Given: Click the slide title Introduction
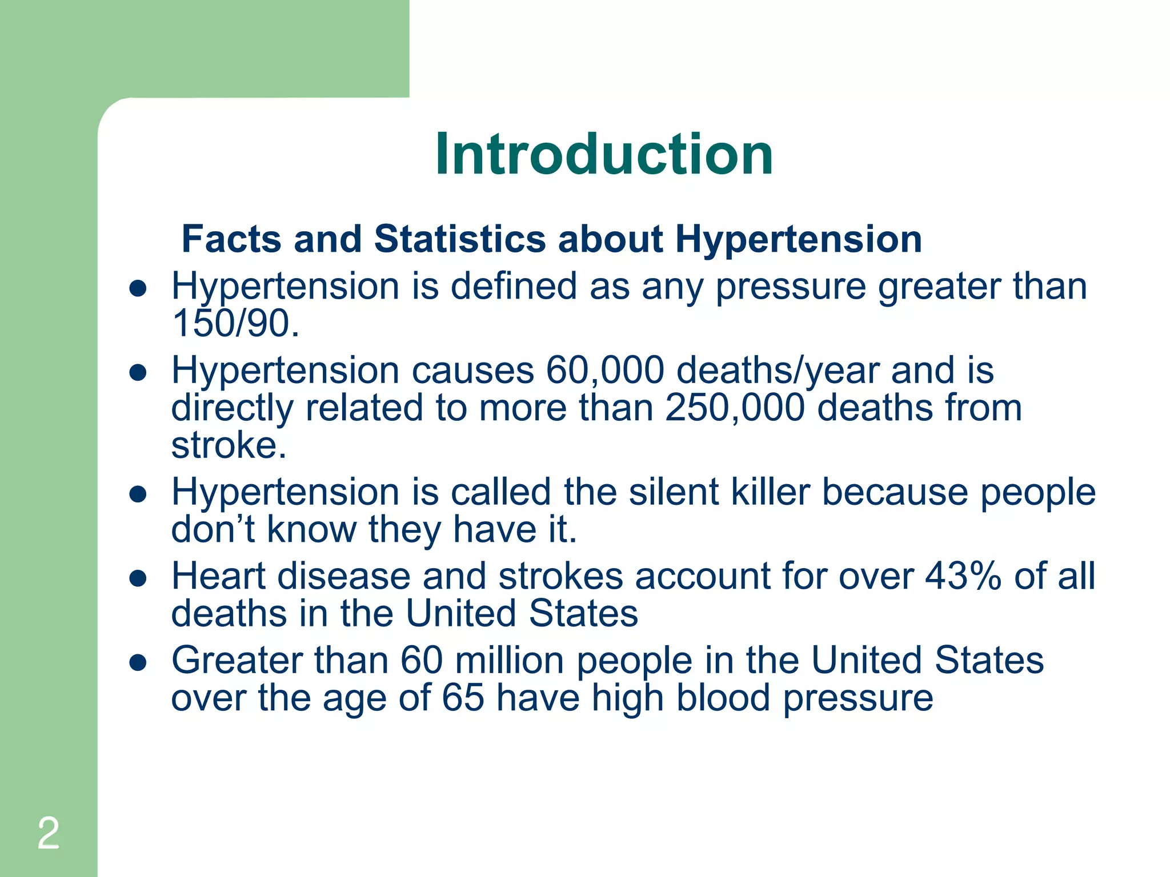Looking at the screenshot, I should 604,154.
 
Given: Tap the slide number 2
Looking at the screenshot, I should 49,833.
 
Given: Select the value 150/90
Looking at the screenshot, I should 235,323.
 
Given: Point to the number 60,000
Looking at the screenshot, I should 605,371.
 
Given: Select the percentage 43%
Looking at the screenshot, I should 963,576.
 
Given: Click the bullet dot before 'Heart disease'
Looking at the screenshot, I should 138,579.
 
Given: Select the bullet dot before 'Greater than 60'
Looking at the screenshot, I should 138,663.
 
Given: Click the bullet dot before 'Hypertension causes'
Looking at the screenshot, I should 138,373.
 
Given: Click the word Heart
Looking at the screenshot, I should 218,576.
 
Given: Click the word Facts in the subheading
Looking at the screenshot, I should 231,238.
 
